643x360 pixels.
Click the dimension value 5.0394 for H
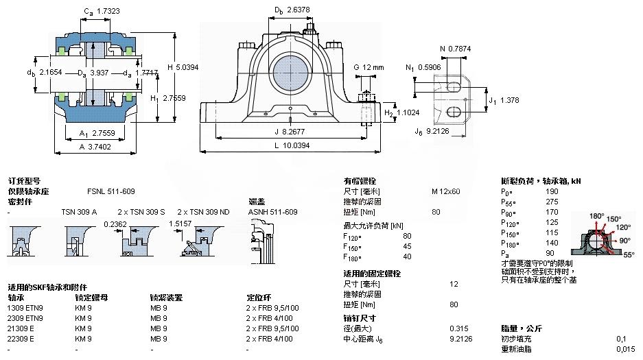(x=187, y=67)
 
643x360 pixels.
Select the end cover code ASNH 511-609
(x=272, y=212)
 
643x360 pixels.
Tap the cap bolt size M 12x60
(x=445, y=191)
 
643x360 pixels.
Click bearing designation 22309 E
(x=25, y=339)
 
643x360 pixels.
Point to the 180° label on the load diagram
(x=596, y=216)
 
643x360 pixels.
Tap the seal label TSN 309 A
(x=79, y=212)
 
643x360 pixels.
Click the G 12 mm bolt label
(x=369, y=67)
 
